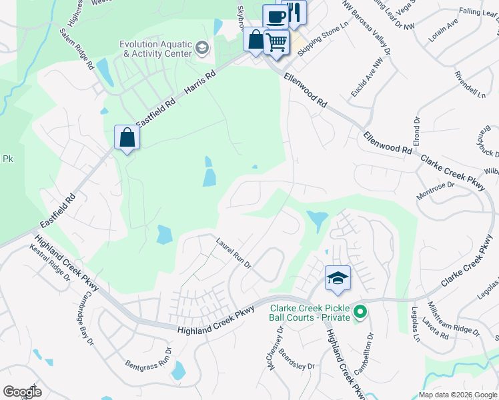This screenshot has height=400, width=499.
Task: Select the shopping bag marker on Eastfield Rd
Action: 127,138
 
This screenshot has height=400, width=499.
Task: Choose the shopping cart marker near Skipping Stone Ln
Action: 276,42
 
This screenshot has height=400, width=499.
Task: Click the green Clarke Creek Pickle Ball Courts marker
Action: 360,311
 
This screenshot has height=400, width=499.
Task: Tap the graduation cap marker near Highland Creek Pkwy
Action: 338,278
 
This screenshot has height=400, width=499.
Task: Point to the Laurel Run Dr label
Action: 232,253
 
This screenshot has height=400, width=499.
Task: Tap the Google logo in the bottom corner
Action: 22,392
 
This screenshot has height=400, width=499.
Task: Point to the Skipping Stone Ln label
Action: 324,40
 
